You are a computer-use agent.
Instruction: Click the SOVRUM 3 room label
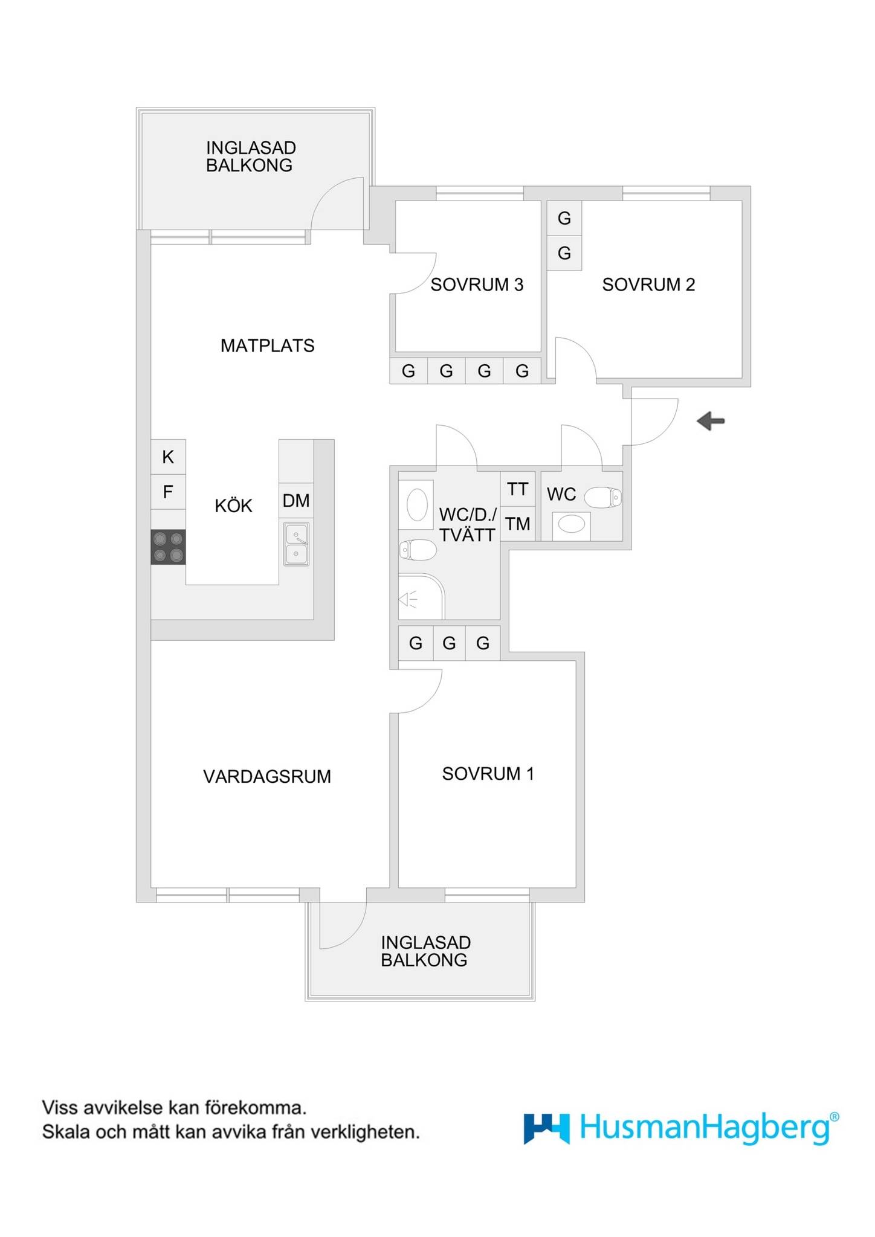point(477,284)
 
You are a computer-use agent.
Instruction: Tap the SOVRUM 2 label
point(648,284)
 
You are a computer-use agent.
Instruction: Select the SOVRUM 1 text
point(488,774)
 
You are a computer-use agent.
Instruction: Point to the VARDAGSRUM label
point(267,776)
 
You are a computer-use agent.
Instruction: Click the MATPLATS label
point(268,345)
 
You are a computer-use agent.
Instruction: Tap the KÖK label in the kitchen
point(233,505)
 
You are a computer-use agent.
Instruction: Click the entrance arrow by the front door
point(711,420)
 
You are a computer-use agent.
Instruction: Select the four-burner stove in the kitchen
point(168,547)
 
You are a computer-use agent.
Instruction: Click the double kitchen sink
point(296,544)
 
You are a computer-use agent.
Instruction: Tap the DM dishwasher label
point(296,501)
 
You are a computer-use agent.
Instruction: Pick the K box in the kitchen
point(168,457)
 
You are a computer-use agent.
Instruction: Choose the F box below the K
point(168,492)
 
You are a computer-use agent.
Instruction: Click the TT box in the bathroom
point(518,489)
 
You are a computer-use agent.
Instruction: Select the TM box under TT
point(518,524)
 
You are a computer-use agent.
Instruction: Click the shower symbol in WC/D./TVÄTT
point(421,596)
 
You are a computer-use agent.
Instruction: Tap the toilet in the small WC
point(603,497)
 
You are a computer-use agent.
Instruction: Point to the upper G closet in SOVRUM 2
point(564,218)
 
